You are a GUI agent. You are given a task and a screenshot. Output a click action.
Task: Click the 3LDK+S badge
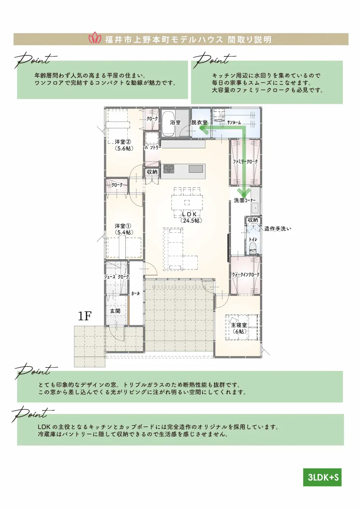point(322,477)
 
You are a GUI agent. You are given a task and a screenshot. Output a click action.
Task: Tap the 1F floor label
point(85,316)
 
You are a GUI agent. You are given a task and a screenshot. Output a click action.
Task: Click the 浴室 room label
point(175,122)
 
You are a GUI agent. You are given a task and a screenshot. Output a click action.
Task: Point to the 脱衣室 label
point(199,122)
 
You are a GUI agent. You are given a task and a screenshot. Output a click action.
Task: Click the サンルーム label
point(234,123)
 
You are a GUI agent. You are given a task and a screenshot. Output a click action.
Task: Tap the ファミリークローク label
point(245,162)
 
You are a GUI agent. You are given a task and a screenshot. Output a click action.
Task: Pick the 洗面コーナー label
point(245,200)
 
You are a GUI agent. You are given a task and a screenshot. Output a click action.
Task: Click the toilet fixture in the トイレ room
point(253,249)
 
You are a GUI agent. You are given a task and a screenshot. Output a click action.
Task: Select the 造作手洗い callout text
point(277,229)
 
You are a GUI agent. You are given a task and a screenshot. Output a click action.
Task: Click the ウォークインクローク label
point(245,275)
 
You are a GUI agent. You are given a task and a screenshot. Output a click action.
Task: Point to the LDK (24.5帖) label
point(191,217)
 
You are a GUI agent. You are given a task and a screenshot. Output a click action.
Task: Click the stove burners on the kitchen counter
point(169,169)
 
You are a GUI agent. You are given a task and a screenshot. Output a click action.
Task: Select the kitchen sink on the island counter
point(196,169)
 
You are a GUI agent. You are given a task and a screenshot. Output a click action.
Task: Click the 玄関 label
point(115,311)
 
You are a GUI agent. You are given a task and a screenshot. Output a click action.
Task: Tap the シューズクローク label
point(117,277)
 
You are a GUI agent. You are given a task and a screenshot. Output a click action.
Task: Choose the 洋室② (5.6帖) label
point(123,145)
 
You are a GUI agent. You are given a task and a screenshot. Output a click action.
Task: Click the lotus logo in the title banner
point(95,38)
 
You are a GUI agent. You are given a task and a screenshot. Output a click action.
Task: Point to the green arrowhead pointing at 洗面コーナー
point(244,192)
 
